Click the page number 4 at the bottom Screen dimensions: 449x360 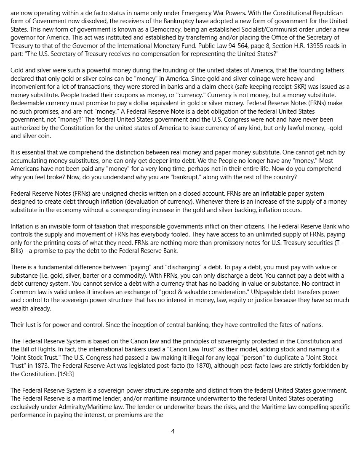click(173, 431)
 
